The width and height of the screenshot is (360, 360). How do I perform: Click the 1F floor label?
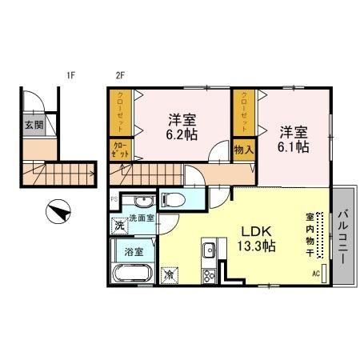click(x=71, y=77)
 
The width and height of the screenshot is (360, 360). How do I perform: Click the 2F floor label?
click(x=121, y=77)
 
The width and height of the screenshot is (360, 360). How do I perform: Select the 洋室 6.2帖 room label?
click(x=183, y=127)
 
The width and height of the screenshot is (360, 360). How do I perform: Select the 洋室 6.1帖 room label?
click(x=294, y=139)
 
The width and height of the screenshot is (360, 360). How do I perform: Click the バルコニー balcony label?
click(x=342, y=237)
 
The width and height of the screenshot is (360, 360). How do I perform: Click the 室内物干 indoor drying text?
click(x=309, y=234)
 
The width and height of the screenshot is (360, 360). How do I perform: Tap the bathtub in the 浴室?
click(x=132, y=274)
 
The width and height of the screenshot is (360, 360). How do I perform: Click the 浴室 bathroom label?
click(x=134, y=250)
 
